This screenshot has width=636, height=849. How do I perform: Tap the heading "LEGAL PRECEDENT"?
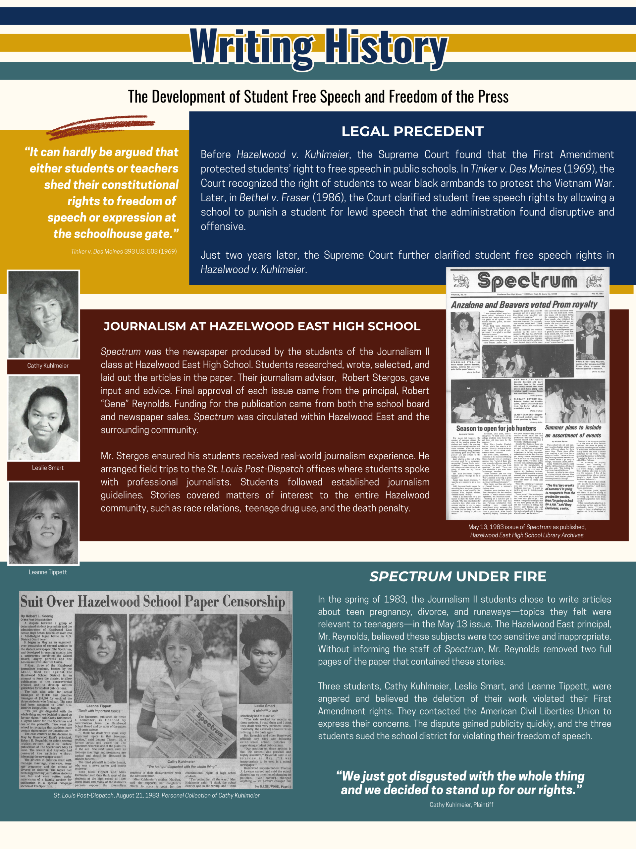coord(412,131)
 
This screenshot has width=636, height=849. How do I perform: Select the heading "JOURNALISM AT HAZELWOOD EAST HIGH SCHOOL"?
coord(262,326)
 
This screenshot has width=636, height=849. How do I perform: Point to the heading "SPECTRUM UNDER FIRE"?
coord(458,576)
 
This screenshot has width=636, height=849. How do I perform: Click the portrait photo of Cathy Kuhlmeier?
coord(44,314)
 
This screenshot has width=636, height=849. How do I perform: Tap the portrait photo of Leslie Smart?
coord(44,418)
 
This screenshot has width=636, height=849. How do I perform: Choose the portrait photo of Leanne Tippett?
coord(44,523)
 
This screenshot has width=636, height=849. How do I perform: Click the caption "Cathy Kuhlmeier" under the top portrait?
coord(48,365)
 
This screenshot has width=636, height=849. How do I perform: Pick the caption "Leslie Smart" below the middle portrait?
coord(48,468)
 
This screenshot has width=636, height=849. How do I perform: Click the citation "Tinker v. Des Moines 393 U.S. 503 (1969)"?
coord(124,251)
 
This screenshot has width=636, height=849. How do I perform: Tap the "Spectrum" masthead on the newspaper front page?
coord(527,281)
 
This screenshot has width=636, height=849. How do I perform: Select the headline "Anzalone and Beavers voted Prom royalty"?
coord(524,305)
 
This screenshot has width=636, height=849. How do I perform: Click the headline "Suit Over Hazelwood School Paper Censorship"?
coord(153,602)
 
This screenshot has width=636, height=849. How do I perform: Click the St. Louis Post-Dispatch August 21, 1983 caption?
coord(156,795)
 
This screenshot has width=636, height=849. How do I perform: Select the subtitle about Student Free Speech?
coord(318,97)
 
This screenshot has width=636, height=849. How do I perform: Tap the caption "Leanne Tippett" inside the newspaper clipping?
coord(99,706)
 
